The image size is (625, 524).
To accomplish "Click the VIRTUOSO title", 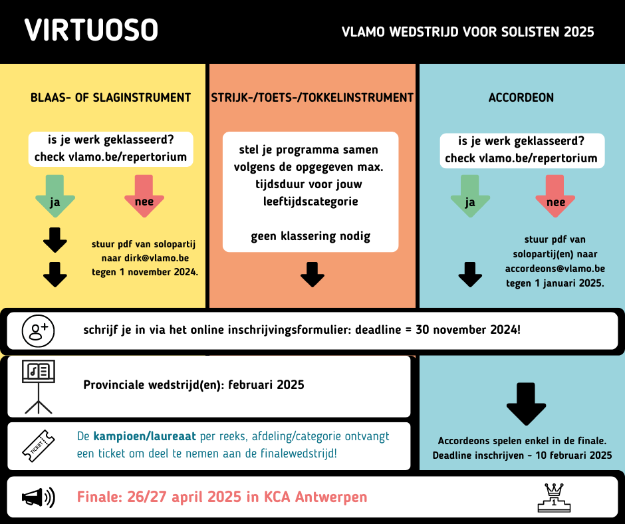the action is (x=91, y=30).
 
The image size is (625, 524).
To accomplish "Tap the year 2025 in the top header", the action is (x=578, y=32).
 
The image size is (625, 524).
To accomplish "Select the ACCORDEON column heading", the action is (x=521, y=98).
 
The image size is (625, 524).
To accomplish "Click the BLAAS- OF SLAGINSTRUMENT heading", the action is (x=111, y=98).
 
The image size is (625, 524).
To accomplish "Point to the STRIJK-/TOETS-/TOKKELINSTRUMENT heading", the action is (x=312, y=98).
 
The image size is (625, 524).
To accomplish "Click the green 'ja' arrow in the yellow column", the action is (x=55, y=196).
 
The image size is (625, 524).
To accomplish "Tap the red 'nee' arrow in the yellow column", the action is (x=144, y=196).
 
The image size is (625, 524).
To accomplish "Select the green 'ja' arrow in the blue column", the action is (x=470, y=196).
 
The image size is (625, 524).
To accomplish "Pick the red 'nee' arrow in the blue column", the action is (x=555, y=196).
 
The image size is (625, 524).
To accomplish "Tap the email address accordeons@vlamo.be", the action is (x=555, y=269).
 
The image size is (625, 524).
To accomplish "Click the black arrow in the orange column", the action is (x=312, y=275).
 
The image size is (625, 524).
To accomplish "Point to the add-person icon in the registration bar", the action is (x=39, y=331).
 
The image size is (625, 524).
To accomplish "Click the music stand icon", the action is (x=39, y=386).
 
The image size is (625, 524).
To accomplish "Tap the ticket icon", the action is (x=39, y=446).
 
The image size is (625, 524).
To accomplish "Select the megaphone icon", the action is (x=39, y=497).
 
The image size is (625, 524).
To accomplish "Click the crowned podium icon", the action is (x=554, y=497).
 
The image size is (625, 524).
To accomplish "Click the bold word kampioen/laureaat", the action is (x=145, y=437).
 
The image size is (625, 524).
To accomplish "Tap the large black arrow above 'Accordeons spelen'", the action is (x=526, y=404).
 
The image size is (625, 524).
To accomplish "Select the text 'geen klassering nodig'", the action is (x=311, y=237).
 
